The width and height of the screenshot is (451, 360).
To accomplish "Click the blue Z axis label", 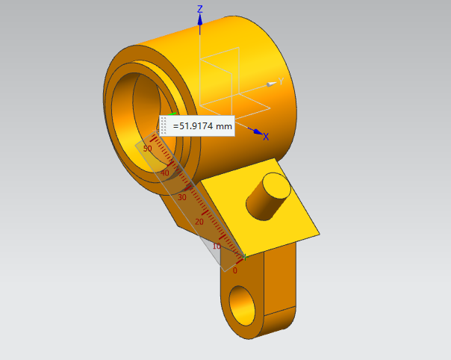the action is click(200, 9).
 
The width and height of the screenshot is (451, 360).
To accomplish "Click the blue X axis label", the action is click(266, 137).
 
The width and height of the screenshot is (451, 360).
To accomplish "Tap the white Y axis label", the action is click(281, 81).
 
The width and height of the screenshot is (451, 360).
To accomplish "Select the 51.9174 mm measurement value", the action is click(202, 126).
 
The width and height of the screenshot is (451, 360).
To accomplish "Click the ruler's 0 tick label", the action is click(234, 270).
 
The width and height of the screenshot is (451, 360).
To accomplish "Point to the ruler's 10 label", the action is click(217, 246).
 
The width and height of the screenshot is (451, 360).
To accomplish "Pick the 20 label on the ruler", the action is click(199, 222).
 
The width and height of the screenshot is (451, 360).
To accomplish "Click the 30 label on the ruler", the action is click(181, 197).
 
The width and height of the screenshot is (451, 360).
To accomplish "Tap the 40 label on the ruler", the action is click(164, 173).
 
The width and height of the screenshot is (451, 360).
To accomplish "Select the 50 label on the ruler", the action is click(147, 149).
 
